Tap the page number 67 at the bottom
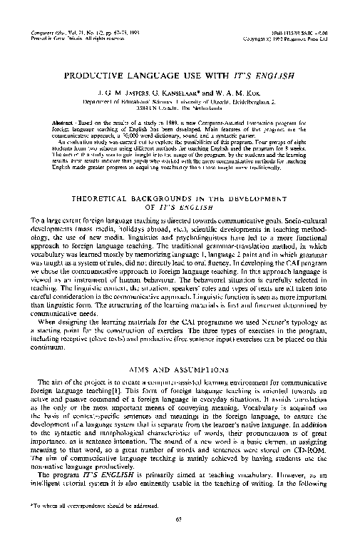tap(180, 519)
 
